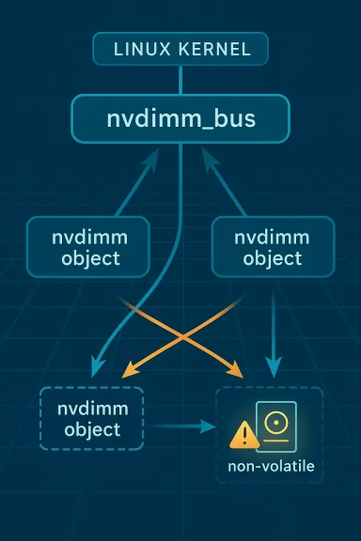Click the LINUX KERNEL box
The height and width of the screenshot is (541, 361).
click(180, 49)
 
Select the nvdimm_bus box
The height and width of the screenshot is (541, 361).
click(180, 119)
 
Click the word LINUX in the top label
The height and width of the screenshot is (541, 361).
click(139, 49)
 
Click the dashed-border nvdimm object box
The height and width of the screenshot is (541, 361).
click(90, 419)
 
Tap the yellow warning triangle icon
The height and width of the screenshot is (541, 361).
click(244, 434)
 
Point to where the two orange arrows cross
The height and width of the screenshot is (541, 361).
click(180, 331)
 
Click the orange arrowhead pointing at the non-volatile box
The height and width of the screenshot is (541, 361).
click(237, 374)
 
